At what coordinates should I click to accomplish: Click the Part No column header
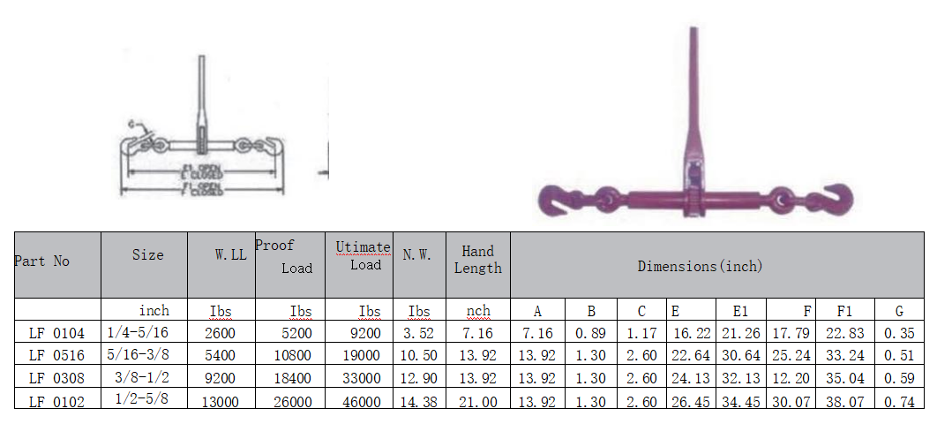(41, 261)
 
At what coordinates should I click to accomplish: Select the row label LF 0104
(56, 333)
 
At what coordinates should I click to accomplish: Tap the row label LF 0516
(56, 355)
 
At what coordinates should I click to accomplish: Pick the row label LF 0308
(56, 378)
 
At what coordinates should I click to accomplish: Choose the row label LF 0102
(56, 401)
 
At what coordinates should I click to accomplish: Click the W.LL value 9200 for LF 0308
(221, 378)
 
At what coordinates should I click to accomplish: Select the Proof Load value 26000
(290, 401)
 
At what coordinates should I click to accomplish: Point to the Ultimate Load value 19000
(359, 355)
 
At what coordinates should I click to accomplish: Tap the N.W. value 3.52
(418, 333)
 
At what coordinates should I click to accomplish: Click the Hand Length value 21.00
(477, 401)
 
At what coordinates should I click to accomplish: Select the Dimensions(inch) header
(700, 266)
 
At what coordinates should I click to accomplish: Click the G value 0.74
(899, 401)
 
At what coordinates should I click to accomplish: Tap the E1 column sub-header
(739, 311)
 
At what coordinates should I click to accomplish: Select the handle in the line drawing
(202, 97)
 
